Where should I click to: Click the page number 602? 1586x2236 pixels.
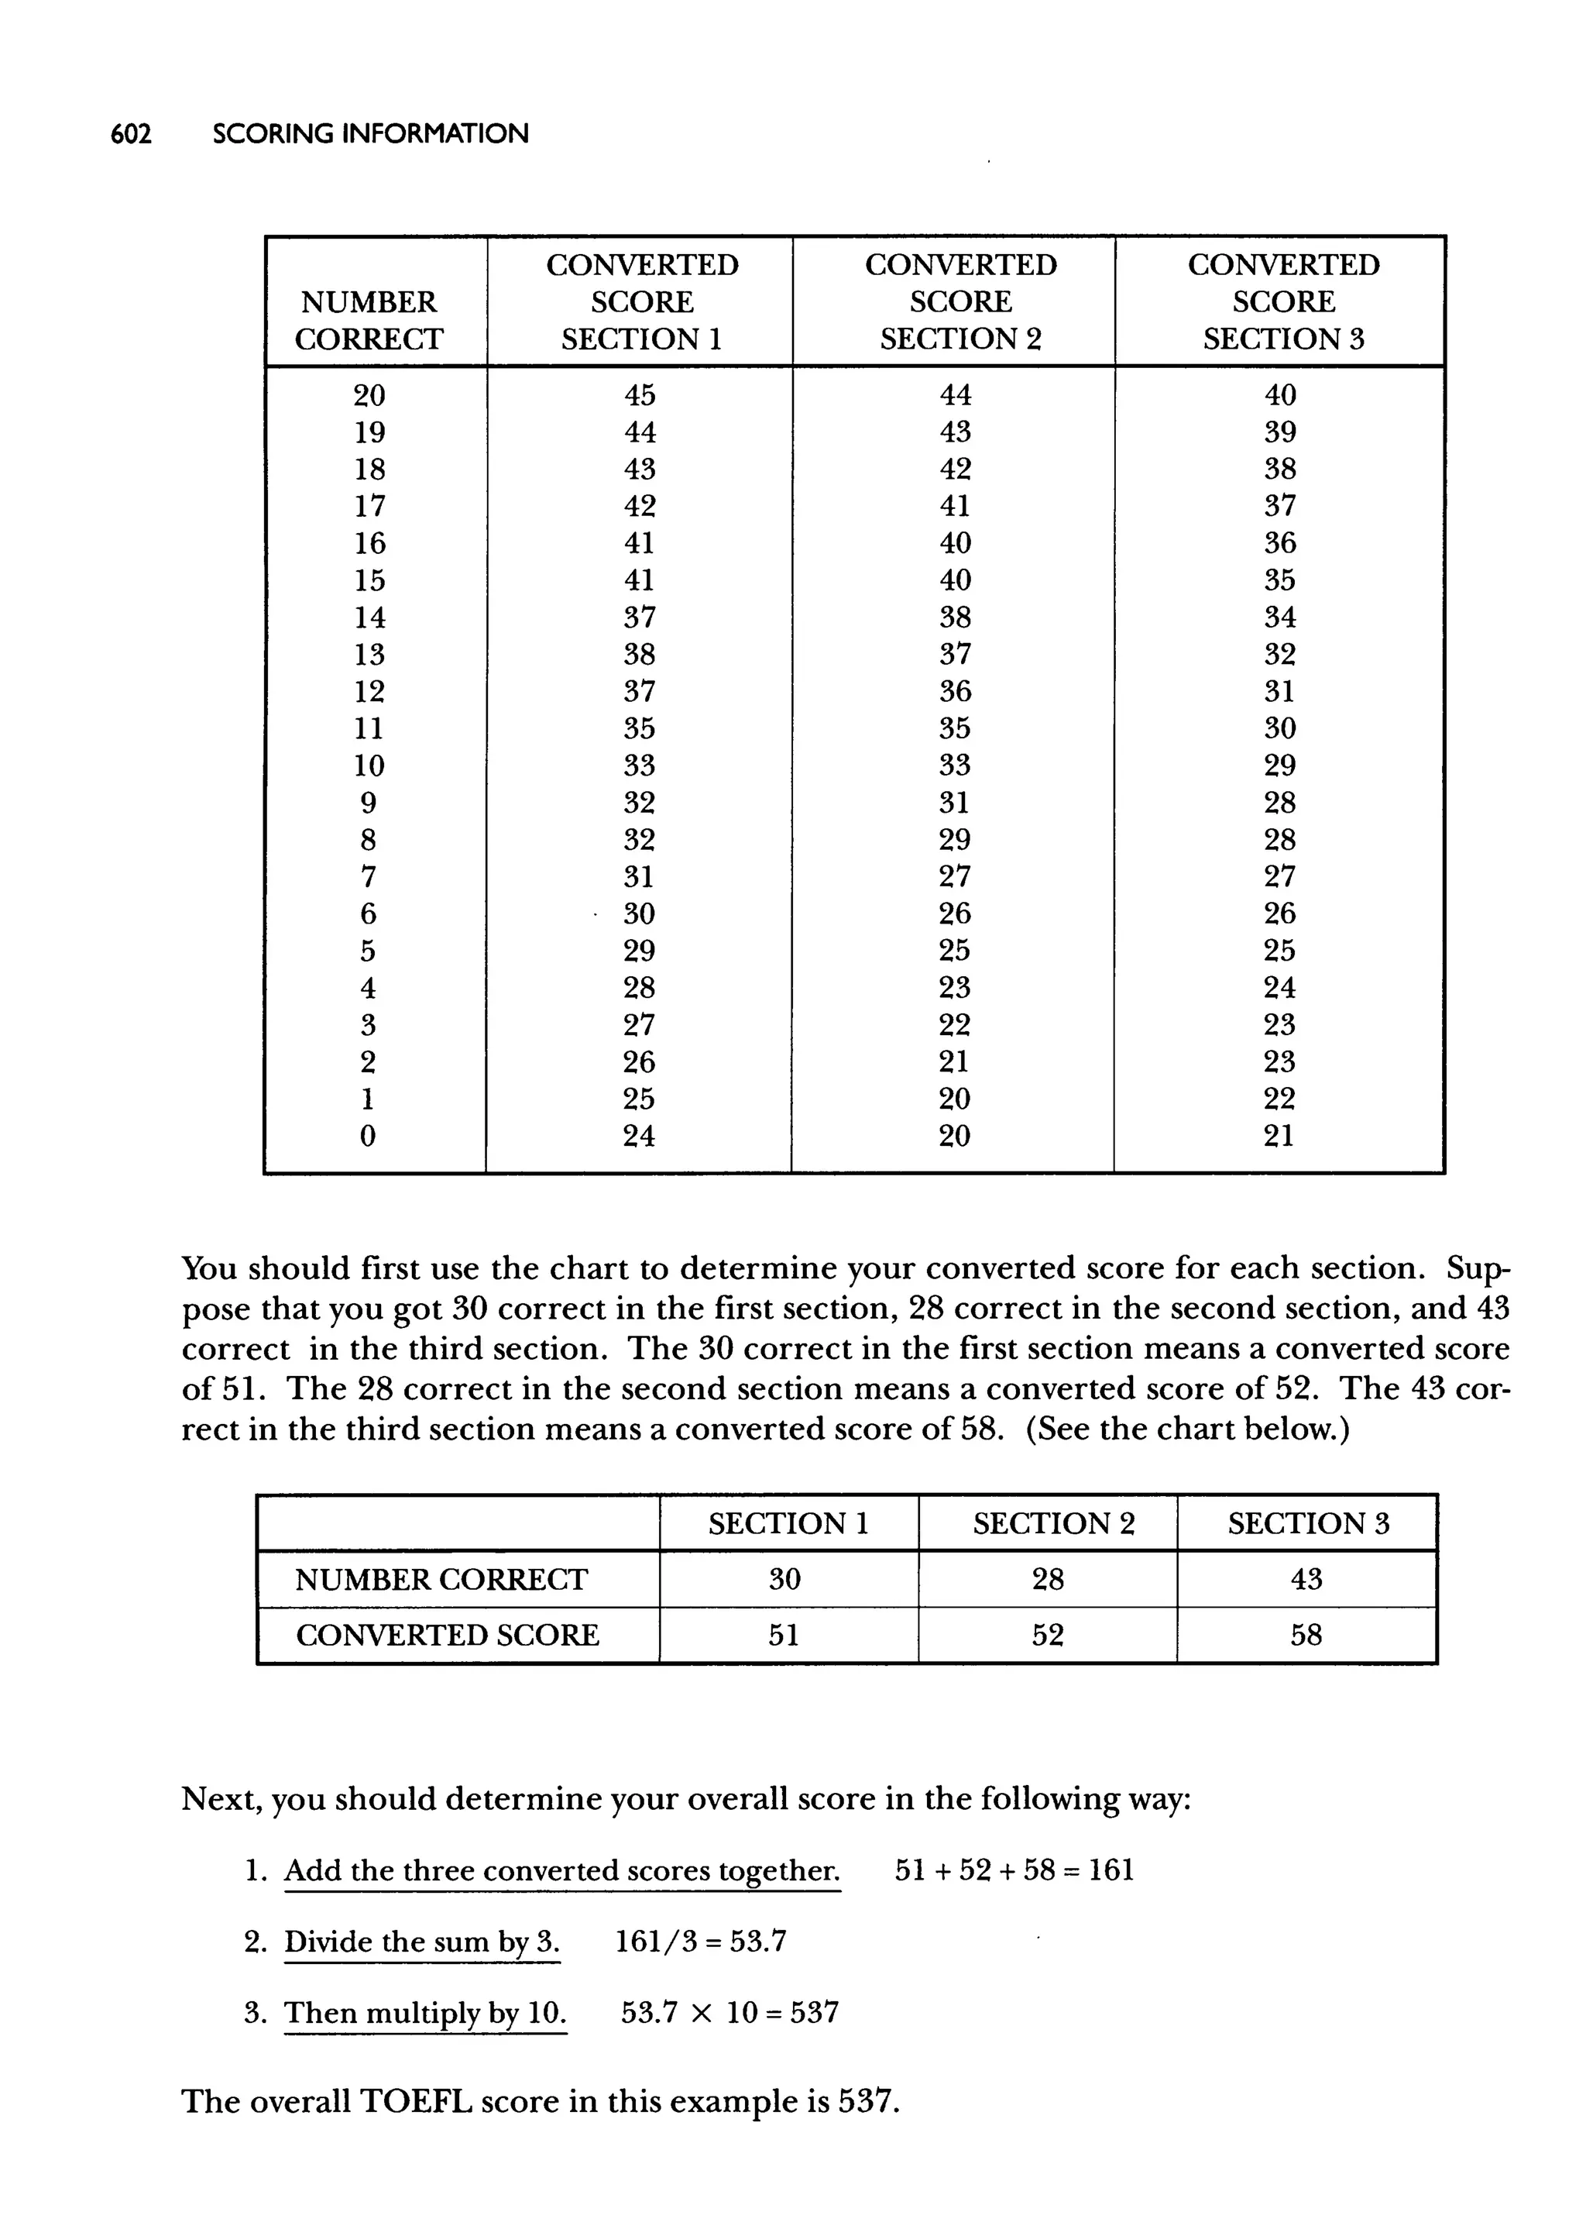[131, 134]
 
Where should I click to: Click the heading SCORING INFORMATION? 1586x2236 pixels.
[370, 134]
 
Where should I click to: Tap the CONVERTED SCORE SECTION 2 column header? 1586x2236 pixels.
[960, 302]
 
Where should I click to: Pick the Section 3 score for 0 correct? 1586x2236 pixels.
[1279, 1136]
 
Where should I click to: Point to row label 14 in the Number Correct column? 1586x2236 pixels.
[369, 618]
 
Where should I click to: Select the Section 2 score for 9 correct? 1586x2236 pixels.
[954, 803]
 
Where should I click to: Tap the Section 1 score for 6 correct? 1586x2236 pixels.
[640, 914]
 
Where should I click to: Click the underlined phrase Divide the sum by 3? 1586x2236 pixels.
[422, 1942]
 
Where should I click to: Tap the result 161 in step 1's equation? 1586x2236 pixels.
[1111, 1870]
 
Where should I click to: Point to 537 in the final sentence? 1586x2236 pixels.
[867, 2101]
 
